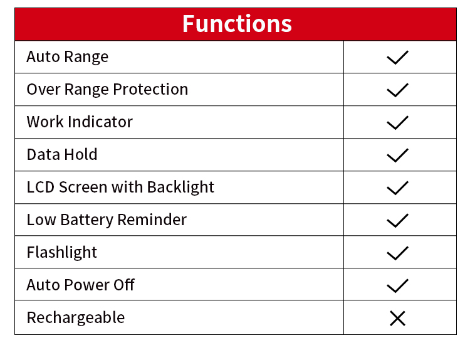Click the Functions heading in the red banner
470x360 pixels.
click(237, 24)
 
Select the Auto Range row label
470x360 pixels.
click(68, 57)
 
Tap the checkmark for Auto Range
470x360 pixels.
click(397, 57)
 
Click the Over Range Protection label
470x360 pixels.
click(107, 90)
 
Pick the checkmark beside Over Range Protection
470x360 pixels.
click(397, 90)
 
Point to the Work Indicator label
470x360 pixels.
click(80, 122)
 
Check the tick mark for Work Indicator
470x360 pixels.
click(397, 123)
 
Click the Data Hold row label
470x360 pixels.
click(62, 154)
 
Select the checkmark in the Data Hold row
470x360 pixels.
click(397, 156)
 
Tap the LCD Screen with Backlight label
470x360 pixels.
click(120, 188)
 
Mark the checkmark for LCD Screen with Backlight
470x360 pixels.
click(397, 188)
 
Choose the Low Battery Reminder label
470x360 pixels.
click(107, 220)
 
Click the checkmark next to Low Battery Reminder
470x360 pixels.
click(397, 221)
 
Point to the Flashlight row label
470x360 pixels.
click(62, 253)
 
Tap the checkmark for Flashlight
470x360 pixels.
click(397, 253)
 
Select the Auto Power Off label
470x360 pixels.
click(81, 285)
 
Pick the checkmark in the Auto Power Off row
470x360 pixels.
click(397, 285)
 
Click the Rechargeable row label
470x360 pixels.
click(76, 318)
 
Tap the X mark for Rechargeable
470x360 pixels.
click(397, 319)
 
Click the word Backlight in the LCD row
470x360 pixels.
click(180, 188)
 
